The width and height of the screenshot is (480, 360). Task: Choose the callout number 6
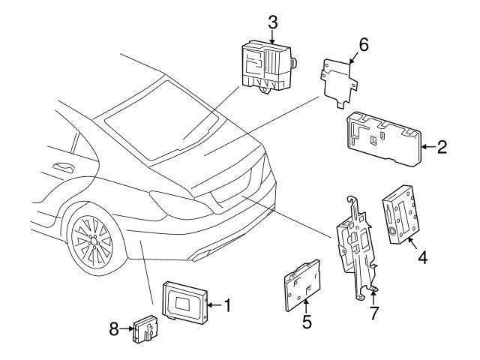(363, 44)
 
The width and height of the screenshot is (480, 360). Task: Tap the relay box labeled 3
(266, 66)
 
